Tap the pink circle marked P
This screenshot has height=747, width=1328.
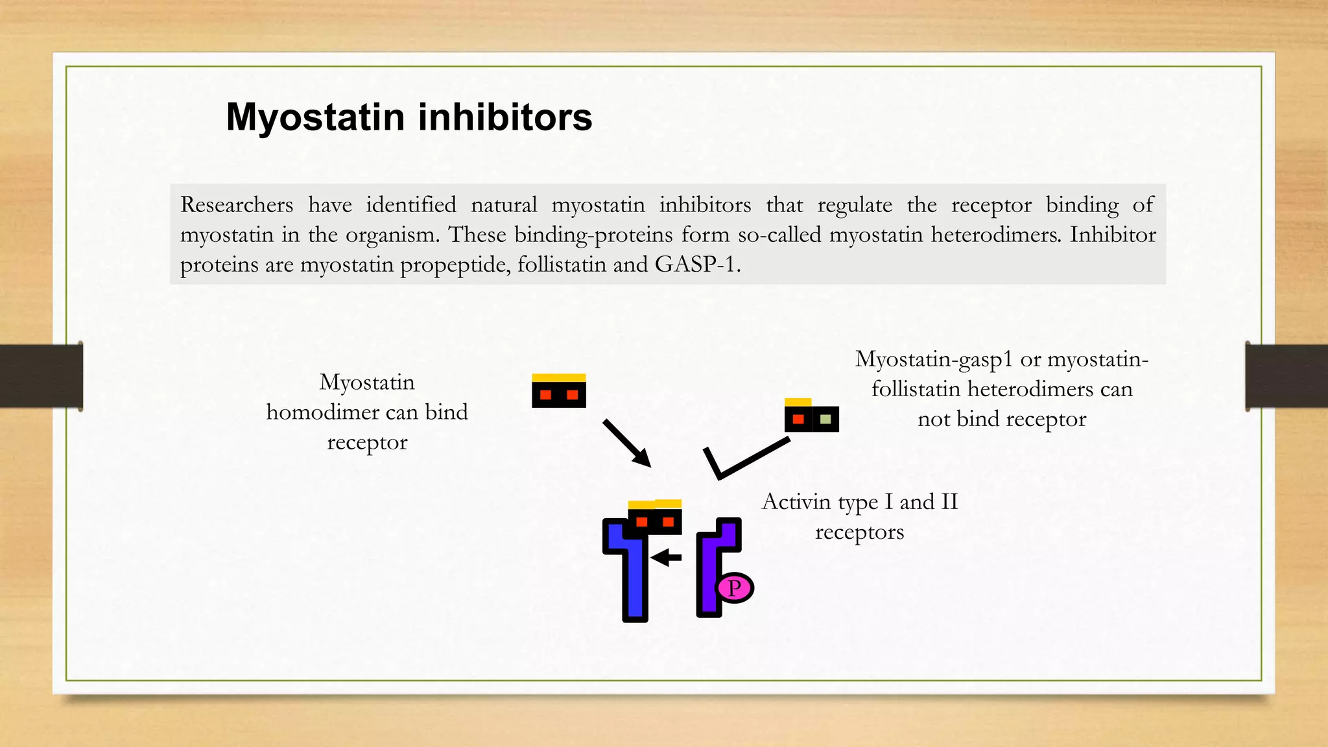734,588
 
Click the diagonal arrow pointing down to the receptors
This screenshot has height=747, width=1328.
626,443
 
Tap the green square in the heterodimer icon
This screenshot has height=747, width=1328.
825,420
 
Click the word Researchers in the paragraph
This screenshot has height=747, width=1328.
237,205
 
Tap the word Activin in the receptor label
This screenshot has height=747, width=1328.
796,502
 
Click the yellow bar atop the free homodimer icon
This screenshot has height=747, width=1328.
558,378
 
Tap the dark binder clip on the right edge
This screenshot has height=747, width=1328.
1286,376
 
